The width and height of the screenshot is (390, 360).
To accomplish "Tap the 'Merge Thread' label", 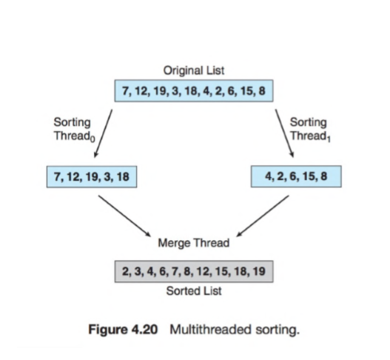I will click(x=194, y=242).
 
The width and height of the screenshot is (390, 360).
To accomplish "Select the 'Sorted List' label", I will click(x=194, y=291).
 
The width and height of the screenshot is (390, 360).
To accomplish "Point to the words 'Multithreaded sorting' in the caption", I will click(x=235, y=329).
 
